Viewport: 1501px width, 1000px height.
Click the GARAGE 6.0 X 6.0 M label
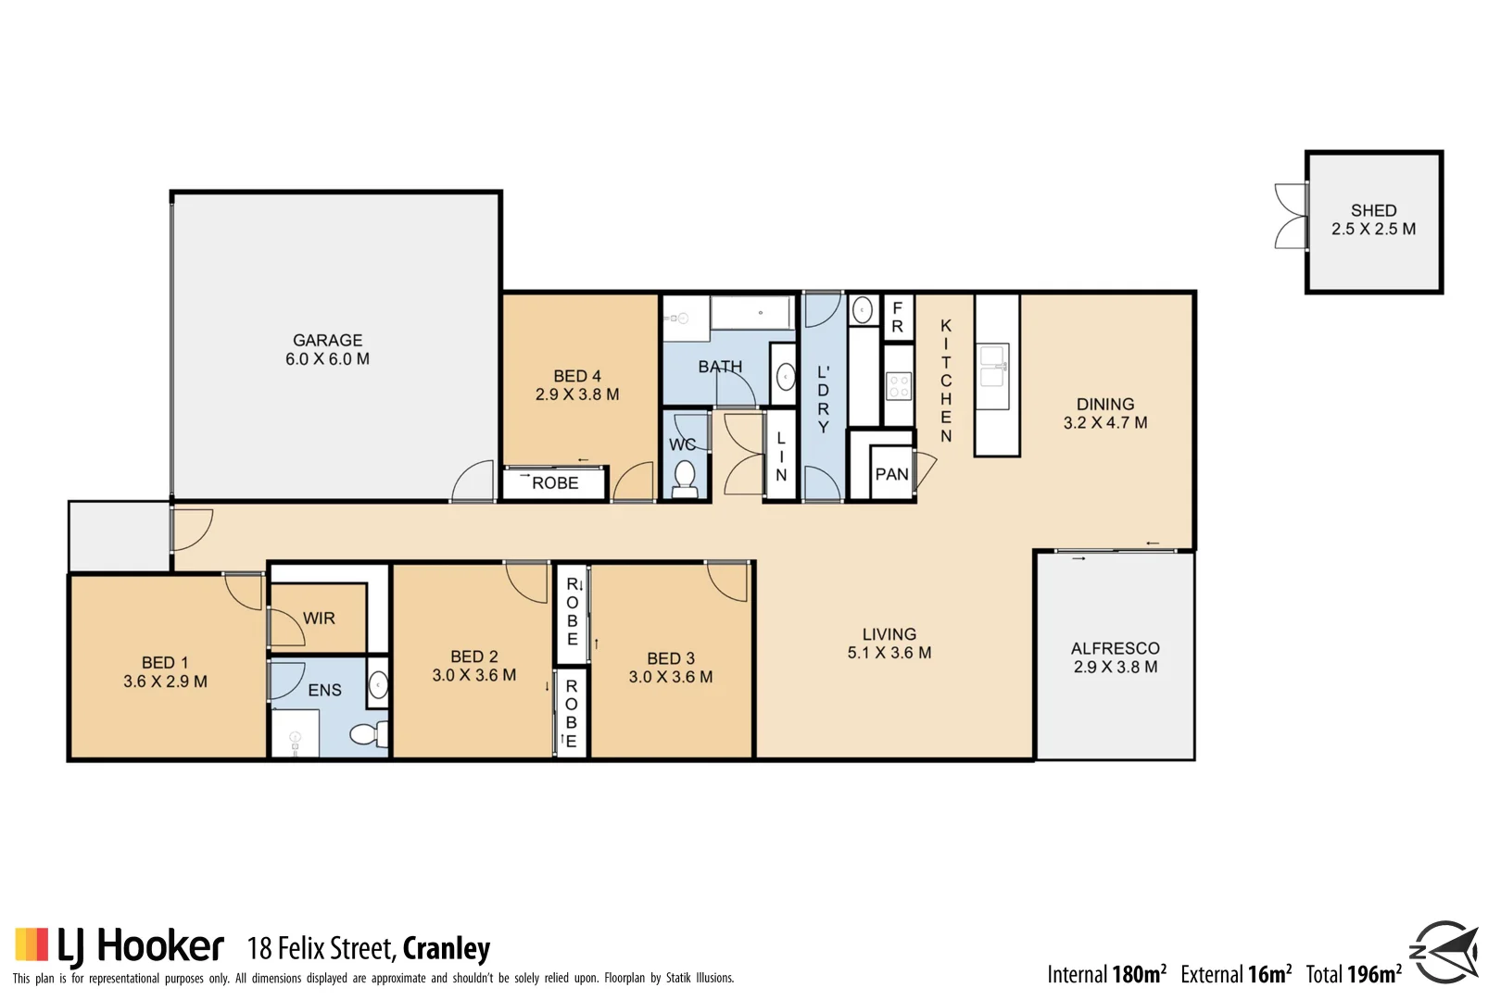327,350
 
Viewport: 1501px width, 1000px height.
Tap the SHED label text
1373,211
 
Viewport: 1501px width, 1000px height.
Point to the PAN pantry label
891,475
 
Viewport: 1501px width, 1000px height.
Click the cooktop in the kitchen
899,385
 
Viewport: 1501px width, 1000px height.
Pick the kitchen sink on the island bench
993,366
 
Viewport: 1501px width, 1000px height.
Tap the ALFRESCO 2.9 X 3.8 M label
1115,657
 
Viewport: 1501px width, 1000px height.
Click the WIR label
319,619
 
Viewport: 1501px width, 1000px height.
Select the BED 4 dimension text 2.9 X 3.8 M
577,394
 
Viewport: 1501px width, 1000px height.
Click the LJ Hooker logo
120,945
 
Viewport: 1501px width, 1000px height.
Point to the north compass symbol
1444,951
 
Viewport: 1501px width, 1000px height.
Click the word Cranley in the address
447,949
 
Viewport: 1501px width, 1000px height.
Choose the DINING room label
1104,405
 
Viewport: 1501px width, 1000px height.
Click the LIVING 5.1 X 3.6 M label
889,644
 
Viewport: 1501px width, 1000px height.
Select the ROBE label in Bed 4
555,483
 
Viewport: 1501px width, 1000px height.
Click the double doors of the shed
1290,216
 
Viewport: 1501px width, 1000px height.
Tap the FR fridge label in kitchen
897,318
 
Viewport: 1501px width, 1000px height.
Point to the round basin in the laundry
862,310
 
